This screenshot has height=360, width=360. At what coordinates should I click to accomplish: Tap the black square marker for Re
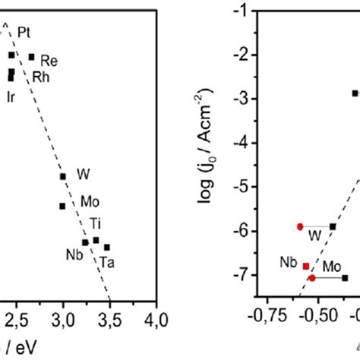[32, 57]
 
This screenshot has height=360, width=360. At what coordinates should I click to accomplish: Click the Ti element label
[96, 223]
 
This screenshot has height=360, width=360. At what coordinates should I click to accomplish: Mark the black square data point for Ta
[107, 247]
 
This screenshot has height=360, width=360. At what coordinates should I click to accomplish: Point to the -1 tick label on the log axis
[244, 11]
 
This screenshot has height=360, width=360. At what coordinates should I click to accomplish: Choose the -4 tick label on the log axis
[244, 143]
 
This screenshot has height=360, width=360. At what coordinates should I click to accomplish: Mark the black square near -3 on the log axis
[355, 93]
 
